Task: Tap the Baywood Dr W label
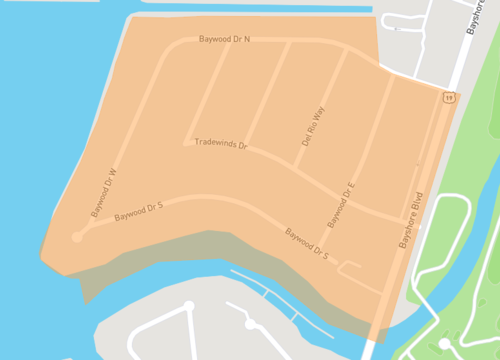pyautogui.click(x=104, y=193)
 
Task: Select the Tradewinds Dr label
pyautogui.click(x=220, y=143)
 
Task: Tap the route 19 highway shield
pyautogui.click(x=449, y=97)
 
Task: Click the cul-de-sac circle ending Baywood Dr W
pyautogui.click(x=77, y=237)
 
